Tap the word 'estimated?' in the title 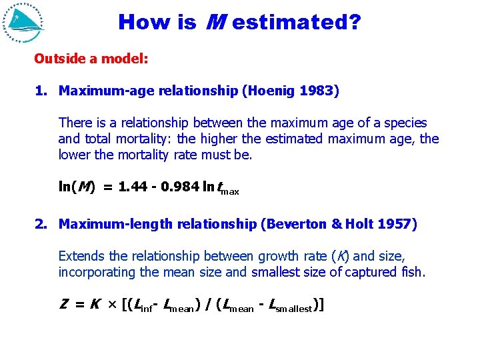[x=297, y=23]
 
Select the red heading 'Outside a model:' [x=91, y=59]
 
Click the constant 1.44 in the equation [x=133, y=187]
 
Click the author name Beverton [x=295, y=224]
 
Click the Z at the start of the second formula [x=63, y=305]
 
